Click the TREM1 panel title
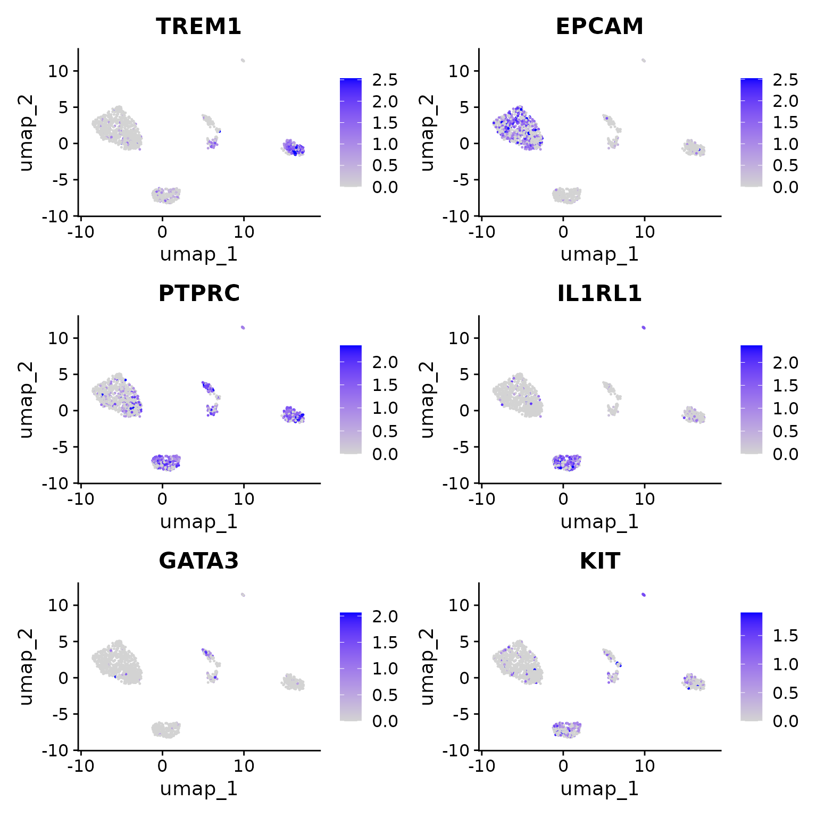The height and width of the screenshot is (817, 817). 198,27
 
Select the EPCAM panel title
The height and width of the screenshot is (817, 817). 599,27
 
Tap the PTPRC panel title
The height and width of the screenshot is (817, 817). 198,294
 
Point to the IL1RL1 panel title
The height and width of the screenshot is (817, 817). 599,294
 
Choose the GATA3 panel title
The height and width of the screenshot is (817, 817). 198,561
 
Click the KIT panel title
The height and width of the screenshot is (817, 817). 599,561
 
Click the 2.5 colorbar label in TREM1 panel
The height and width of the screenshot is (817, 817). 385,80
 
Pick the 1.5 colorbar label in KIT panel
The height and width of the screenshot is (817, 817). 786,636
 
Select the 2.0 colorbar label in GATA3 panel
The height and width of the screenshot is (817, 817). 385,616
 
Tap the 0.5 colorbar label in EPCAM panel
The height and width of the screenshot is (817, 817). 786,165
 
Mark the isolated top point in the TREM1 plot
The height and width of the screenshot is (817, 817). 243,60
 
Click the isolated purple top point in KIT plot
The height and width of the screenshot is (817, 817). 644,595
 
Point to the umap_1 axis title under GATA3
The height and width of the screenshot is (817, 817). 198,788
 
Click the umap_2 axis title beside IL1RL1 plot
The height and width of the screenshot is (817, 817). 427,399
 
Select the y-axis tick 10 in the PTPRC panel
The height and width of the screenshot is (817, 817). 60,338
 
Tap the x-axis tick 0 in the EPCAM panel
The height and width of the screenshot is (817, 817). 563,232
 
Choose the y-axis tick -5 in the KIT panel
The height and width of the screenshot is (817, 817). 460,714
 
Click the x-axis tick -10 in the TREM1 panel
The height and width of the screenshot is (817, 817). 81,232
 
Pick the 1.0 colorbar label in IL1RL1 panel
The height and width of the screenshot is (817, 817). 786,408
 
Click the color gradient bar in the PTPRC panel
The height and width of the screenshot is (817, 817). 351,399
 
